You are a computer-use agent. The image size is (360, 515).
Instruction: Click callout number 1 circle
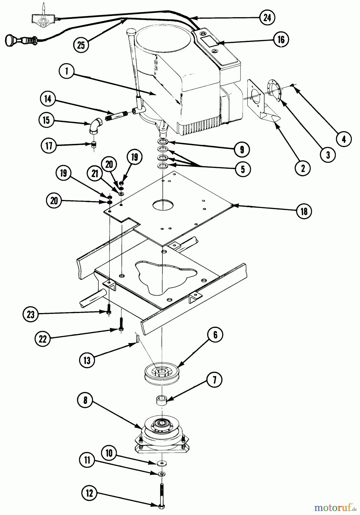click(x=67, y=71)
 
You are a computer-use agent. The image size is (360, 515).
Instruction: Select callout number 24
click(x=267, y=18)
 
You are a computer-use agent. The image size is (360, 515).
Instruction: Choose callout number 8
click(x=85, y=400)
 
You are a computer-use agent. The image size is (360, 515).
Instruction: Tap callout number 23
click(x=31, y=314)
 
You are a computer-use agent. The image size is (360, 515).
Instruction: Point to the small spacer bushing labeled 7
click(x=162, y=399)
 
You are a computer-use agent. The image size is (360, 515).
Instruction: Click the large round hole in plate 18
click(x=162, y=204)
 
